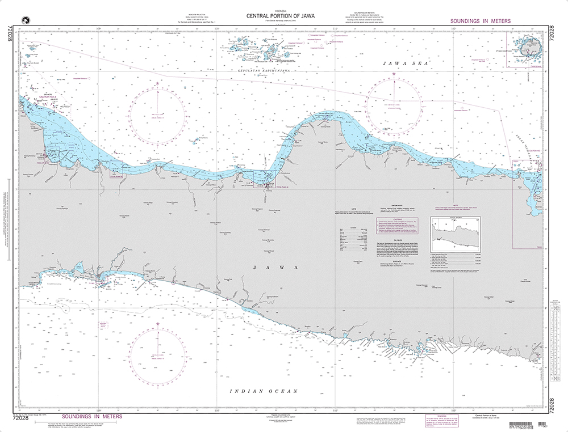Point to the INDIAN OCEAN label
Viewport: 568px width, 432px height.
pyautogui.click(x=263, y=392)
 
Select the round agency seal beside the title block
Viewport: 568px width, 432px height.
pyautogui.click(x=23, y=20)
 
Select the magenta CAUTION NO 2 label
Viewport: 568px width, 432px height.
pyautogui.click(x=49, y=97)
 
